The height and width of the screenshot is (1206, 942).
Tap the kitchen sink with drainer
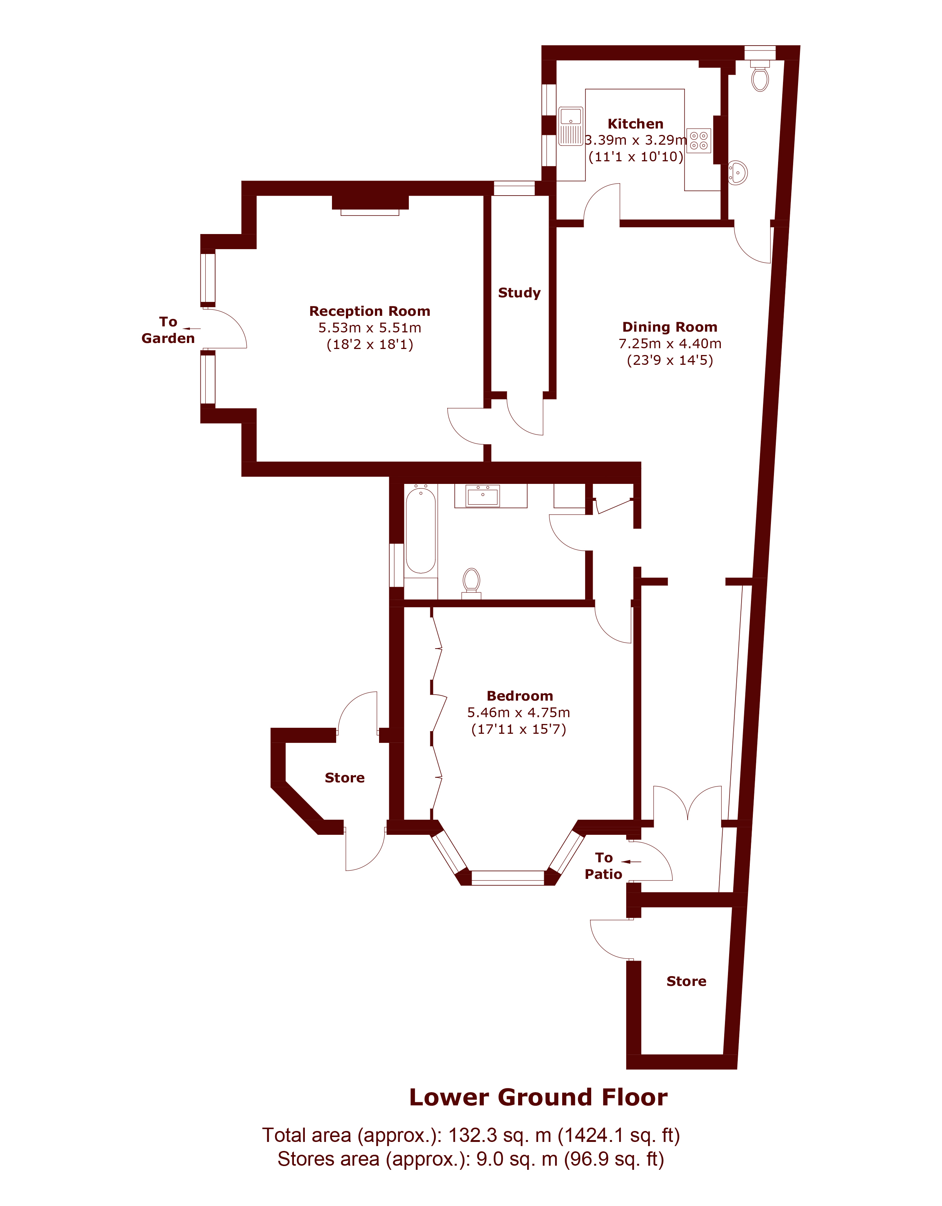(570, 126)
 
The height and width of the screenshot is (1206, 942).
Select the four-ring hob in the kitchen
(699, 140)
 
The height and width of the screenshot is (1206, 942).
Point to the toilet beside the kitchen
(760, 76)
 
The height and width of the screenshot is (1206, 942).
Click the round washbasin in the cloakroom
(738, 172)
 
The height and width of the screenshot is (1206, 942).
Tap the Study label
(519, 293)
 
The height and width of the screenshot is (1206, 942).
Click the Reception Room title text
(369, 311)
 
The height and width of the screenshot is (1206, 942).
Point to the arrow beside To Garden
(191, 329)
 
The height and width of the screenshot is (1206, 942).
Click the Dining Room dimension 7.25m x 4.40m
(670, 343)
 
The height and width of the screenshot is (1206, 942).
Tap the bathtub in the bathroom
(421, 530)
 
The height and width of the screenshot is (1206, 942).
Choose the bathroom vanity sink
(483, 496)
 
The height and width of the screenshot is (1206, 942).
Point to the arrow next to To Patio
(631, 862)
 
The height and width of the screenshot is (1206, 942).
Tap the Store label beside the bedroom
(344, 777)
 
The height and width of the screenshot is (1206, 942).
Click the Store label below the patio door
(687, 981)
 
